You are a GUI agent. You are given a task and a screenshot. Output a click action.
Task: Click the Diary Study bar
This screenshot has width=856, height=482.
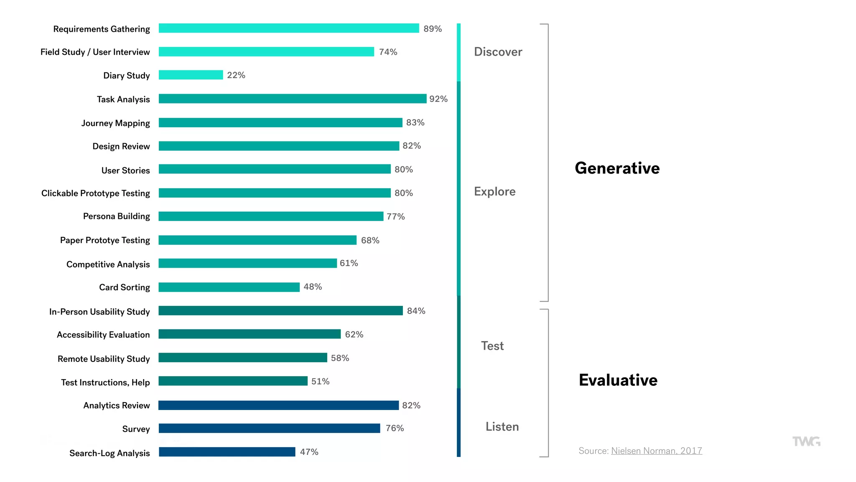191,75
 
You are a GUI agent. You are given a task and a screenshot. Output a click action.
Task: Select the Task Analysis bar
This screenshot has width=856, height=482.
293,99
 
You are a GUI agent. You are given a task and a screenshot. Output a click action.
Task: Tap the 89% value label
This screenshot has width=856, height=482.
433,28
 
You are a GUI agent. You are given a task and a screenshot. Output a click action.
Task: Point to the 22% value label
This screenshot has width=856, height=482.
236,75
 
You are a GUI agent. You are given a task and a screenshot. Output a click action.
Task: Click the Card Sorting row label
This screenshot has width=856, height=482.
125,287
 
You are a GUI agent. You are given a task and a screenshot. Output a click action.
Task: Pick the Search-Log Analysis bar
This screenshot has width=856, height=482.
227,452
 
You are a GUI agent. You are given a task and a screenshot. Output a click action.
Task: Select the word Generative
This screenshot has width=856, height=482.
617,168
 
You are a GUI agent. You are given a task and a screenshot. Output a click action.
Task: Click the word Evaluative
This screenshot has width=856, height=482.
618,380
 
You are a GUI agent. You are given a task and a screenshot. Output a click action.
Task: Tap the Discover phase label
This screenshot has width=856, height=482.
498,52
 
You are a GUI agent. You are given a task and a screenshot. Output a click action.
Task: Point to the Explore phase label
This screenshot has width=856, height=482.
494,192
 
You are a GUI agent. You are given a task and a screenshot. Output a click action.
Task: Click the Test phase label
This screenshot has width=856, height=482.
492,346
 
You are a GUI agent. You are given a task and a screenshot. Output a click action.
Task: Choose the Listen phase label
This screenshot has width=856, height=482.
502,427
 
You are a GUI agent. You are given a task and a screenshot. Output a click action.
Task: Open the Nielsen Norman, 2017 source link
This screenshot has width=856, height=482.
656,451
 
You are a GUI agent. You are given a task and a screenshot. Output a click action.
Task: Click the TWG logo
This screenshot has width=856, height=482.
806,441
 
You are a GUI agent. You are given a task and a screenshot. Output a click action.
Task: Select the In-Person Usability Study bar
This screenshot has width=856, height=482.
280,310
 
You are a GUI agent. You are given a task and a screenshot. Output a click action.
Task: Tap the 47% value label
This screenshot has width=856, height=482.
309,452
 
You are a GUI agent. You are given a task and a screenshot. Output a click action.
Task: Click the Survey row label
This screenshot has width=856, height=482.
136,429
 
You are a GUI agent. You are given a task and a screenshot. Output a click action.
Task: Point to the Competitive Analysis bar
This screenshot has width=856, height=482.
247,263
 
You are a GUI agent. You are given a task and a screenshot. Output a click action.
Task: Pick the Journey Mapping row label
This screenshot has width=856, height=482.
115,123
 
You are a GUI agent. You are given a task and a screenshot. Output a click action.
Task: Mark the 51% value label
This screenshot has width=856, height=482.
320,381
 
